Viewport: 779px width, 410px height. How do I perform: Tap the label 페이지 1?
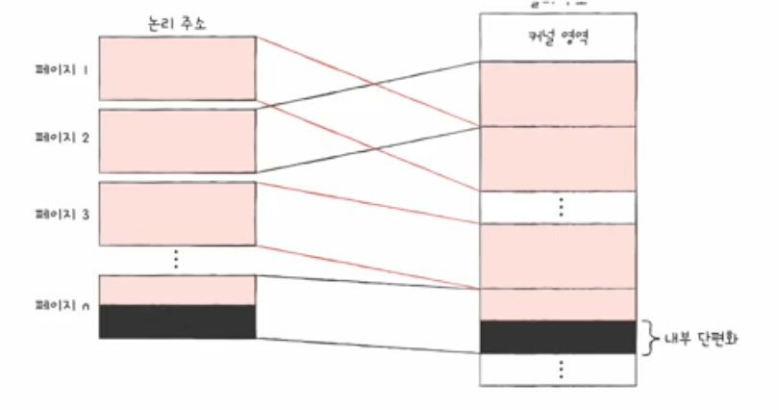pyautogui.click(x=60, y=68)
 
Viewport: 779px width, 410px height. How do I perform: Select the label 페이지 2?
pyautogui.click(x=60, y=139)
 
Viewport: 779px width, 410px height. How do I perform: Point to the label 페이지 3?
pyautogui.click(x=60, y=214)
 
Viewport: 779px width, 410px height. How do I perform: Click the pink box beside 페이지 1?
pyautogui.click(x=177, y=67)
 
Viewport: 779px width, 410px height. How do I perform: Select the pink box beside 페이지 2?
pyautogui.click(x=177, y=141)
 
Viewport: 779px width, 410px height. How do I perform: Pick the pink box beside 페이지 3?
pyautogui.click(x=177, y=214)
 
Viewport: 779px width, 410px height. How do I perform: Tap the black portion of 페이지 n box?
pyautogui.click(x=177, y=321)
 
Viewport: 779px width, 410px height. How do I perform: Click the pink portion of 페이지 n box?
pyautogui.click(x=177, y=291)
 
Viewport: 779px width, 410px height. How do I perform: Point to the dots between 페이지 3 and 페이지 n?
pyautogui.click(x=175, y=258)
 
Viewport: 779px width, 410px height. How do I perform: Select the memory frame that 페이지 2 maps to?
pyautogui.click(x=559, y=93)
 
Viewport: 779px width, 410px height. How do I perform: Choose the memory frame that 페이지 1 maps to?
pyautogui.click(x=559, y=159)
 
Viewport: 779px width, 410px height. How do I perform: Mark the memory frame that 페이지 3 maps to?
pyautogui.click(x=559, y=256)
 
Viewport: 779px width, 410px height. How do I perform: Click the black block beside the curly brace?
pyautogui.click(x=559, y=337)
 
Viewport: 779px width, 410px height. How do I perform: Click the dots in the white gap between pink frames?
pyautogui.click(x=560, y=207)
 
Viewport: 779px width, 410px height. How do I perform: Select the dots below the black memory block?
pyautogui.click(x=560, y=371)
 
